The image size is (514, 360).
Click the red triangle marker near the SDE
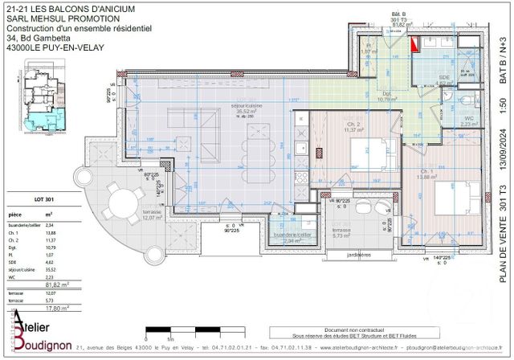pyautogui.click(x=414, y=46)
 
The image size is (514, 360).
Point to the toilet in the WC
pyautogui.click(x=468, y=102)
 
